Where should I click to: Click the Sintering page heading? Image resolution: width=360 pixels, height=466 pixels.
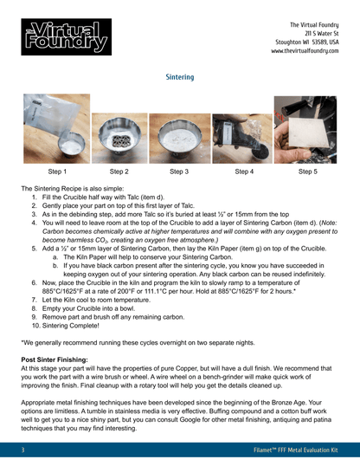point(179,77)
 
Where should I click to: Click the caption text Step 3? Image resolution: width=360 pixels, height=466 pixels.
point(180,172)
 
